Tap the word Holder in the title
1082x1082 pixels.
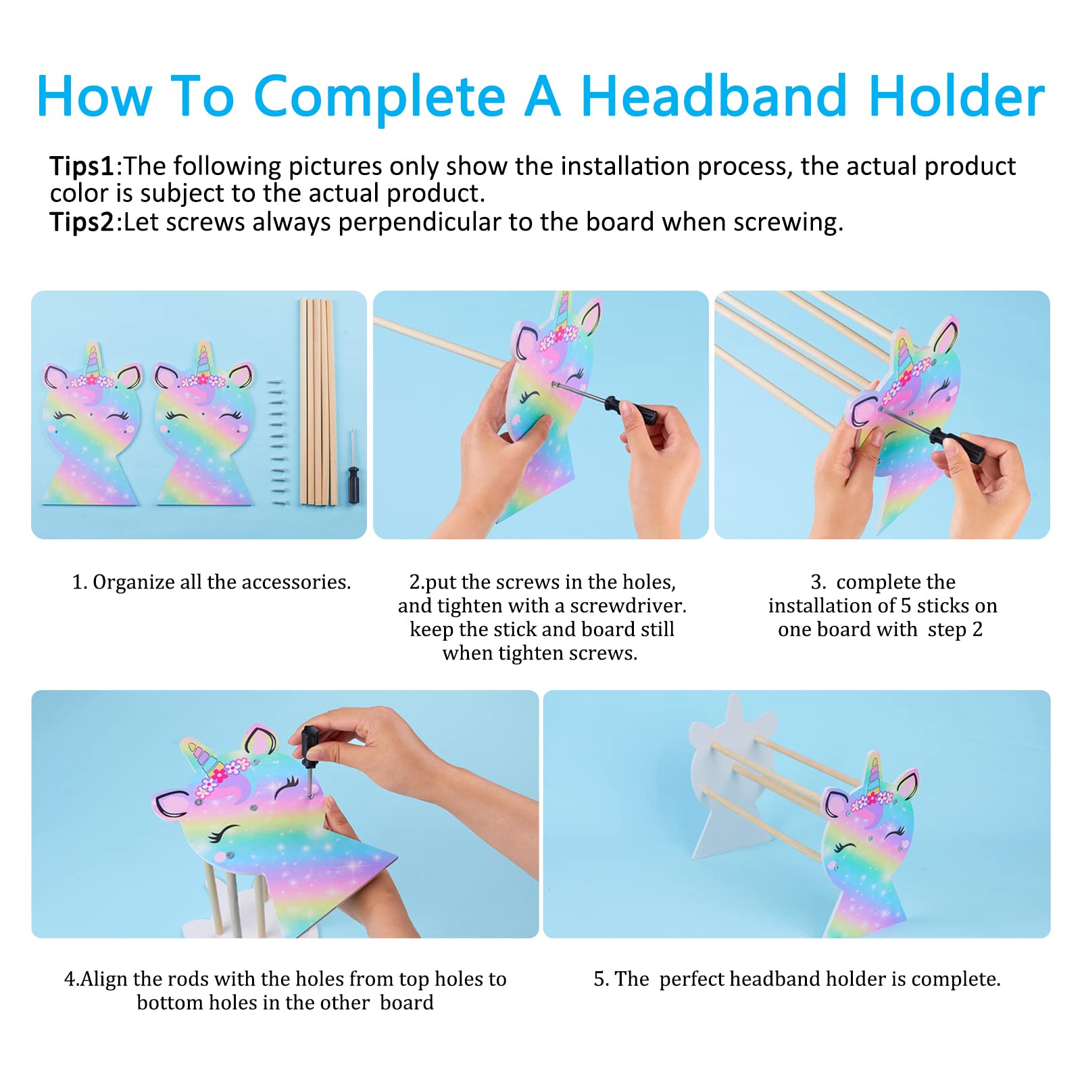[957, 97]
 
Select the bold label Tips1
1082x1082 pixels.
[82, 166]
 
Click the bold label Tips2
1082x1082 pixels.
[82, 222]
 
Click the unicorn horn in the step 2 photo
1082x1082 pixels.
[562, 310]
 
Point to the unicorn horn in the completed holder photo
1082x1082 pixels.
[874, 774]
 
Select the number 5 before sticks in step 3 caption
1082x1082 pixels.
[906, 606]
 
